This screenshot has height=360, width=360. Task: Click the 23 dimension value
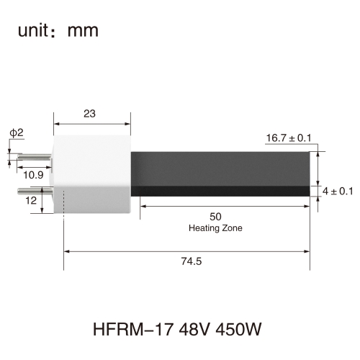click(x=89, y=114)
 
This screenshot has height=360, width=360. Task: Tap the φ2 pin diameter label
click(x=17, y=132)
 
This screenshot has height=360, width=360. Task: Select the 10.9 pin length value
click(x=33, y=175)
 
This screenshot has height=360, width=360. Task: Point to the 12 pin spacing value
click(x=31, y=200)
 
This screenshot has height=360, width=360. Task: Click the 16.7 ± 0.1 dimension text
click(x=289, y=138)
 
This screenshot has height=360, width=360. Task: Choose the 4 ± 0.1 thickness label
click(x=338, y=192)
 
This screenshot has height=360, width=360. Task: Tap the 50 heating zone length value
click(x=215, y=217)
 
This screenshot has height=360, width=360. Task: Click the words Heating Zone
click(x=215, y=228)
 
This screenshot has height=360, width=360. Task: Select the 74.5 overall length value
click(x=192, y=261)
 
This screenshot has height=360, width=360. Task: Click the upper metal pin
click(x=35, y=157)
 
